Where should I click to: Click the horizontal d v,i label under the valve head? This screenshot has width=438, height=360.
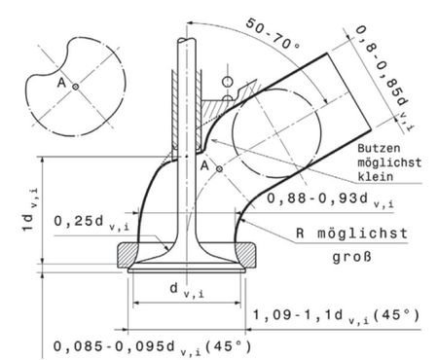click(x=184, y=289)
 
